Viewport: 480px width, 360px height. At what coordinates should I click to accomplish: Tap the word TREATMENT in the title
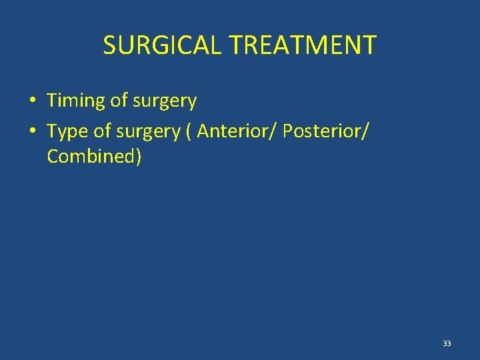[303, 45]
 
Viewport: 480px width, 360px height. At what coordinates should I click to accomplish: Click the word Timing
[76, 101]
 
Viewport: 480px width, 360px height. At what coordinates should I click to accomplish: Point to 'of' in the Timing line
[119, 101]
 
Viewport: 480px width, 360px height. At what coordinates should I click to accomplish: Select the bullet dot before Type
[32, 132]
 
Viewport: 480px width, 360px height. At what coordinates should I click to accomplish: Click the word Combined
[91, 157]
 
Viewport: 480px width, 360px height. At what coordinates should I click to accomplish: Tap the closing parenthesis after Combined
[138, 157]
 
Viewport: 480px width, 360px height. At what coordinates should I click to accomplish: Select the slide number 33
[447, 343]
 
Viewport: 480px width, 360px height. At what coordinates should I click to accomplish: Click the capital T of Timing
[52, 101]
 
